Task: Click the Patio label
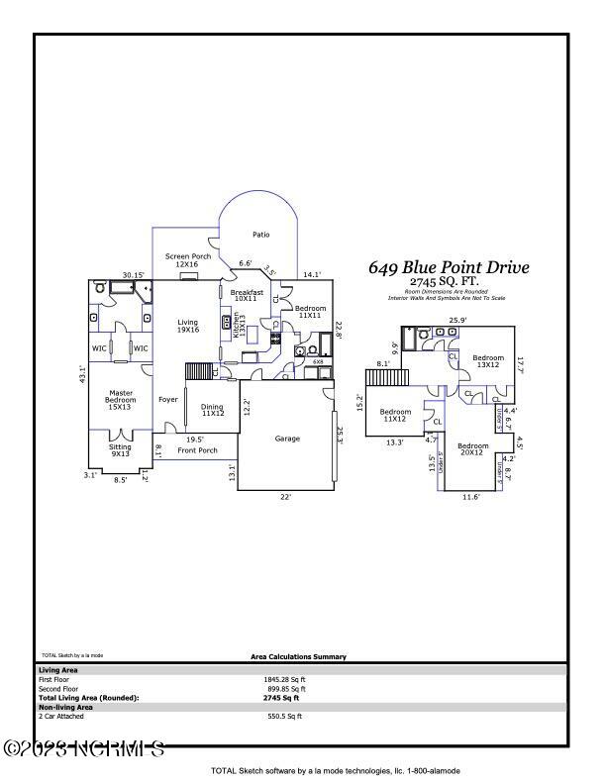260,235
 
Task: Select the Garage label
288,439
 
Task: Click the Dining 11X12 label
212,409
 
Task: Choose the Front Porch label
197,450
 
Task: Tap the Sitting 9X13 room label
119,450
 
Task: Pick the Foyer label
168,399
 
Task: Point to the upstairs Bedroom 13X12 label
487,361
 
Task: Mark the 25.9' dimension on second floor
457,320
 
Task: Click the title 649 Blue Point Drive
449,267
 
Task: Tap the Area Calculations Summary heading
298,656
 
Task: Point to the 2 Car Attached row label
59,716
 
